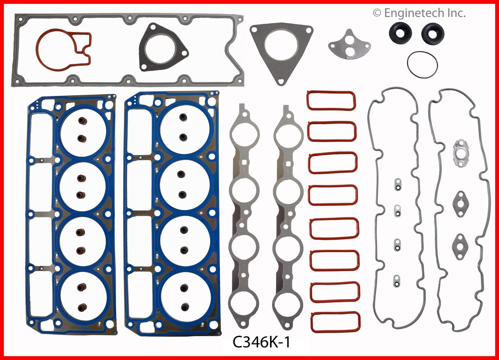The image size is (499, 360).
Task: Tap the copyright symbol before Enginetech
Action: [377, 13]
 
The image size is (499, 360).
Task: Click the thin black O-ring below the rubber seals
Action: [422, 64]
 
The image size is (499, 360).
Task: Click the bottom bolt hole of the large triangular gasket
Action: [280, 81]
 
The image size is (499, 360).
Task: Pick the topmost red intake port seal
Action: [331, 101]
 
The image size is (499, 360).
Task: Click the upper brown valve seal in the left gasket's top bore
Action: [82, 120]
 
